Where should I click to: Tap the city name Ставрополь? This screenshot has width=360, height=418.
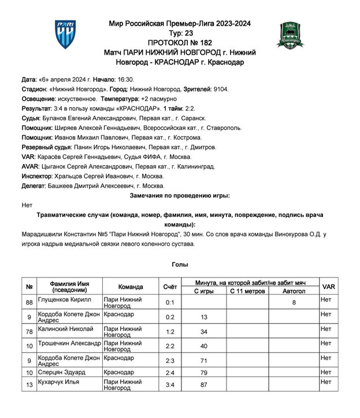pyautogui.click(x=226, y=128)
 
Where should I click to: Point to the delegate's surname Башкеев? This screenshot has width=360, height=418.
pyautogui.click(x=65, y=186)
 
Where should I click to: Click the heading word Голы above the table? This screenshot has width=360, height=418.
pyautogui.click(x=179, y=264)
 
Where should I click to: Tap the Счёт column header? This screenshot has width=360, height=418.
pyautogui.click(x=170, y=287)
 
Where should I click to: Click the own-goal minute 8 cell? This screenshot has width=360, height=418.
pyautogui.click(x=294, y=302)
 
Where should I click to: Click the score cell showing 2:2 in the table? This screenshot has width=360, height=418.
pyautogui.click(x=170, y=346)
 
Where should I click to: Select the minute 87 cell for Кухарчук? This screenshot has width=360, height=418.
pyautogui.click(x=204, y=384)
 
